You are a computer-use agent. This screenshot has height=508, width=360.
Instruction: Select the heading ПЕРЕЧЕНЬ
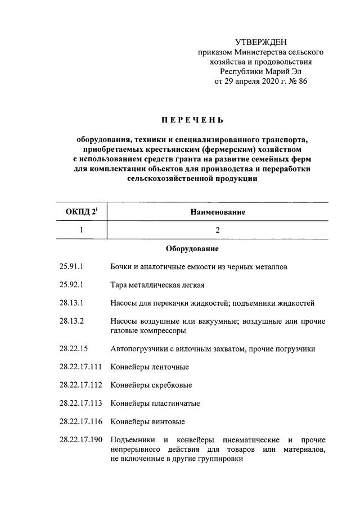coord(192,120)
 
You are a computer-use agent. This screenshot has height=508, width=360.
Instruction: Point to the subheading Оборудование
coord(192,248)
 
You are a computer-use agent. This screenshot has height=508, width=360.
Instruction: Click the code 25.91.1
coord(70,267)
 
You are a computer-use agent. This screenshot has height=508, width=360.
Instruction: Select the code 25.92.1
coord(70,285)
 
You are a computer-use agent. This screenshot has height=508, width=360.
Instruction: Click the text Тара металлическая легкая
coord(157,285)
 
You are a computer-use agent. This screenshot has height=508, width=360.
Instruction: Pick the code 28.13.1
coord(70,303)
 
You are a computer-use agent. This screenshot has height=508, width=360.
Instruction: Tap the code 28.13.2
coord(70,321)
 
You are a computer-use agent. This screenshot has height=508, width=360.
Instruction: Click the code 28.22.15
coord(73,349)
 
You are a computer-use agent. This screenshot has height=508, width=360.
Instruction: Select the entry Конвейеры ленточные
coord(150,367)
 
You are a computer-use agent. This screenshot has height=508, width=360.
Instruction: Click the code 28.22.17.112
coord(80,385)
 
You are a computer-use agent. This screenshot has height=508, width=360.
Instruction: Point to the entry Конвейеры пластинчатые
coord(155,403)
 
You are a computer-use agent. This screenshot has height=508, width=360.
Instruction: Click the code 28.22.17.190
coord(80,439)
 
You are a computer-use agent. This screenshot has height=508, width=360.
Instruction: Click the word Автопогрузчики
coord(138,349)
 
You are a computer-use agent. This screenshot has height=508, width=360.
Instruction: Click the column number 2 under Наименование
coord(217,230)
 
